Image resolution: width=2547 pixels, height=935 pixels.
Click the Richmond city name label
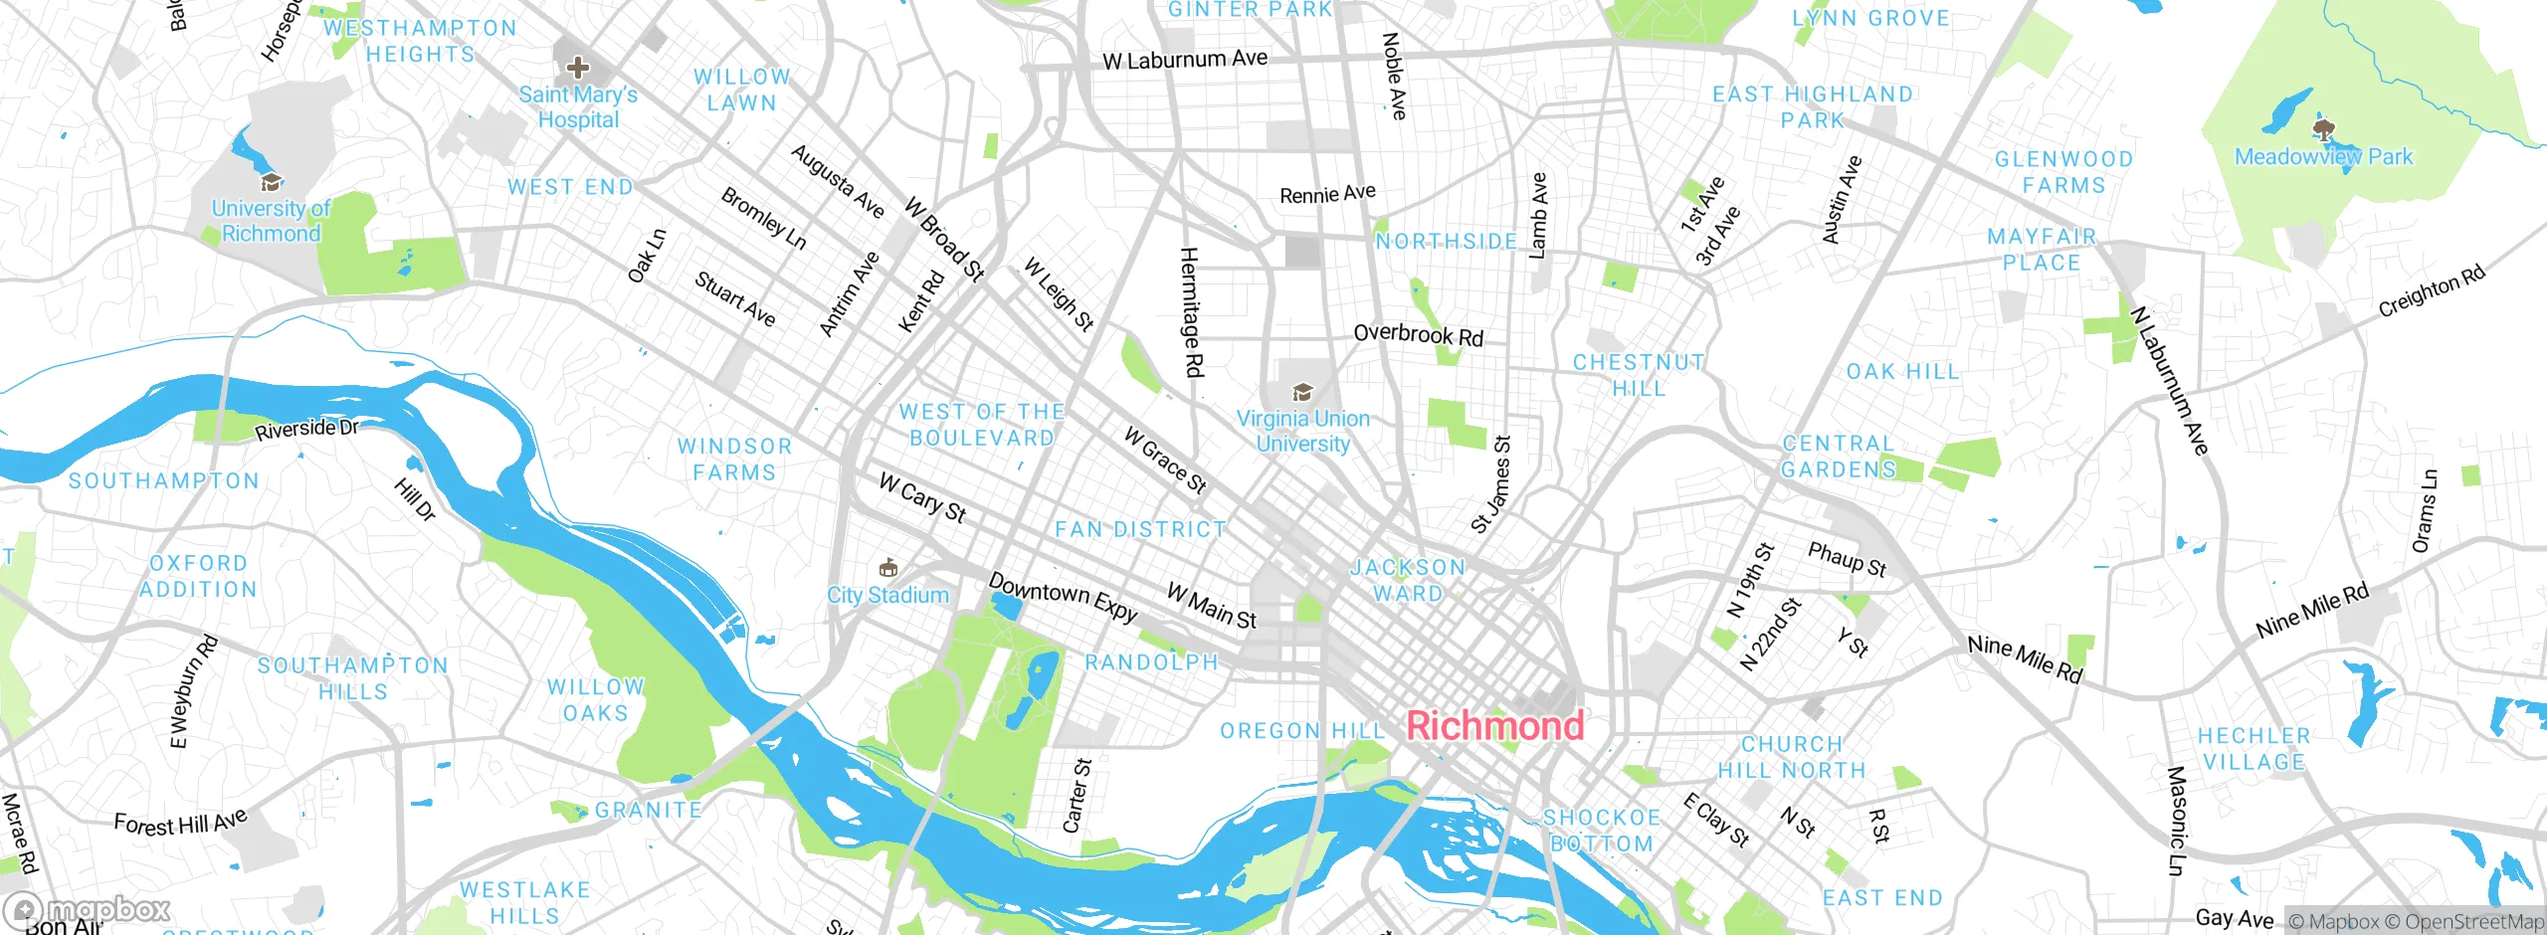click(x=1494, y=725)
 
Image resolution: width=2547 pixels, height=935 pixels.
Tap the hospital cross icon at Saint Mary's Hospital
click(x=577, y=68)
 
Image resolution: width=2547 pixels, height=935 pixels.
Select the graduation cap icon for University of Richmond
click(x=270, y=183)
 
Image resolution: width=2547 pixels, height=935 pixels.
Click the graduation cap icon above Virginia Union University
click(x=1301, y=392)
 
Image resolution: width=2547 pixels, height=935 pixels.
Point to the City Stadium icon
click(x=888, y=568)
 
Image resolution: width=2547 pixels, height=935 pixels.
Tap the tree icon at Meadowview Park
click(x=2324, y=130)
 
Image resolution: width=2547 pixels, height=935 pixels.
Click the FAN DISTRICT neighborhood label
click(x=1140, y=530)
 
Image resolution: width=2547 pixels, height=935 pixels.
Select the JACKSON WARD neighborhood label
click(x=1408, y=580)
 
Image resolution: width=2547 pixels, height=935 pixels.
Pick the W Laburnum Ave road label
click(x=1184, y=60)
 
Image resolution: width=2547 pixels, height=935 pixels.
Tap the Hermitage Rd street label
click(x=1191, y=312)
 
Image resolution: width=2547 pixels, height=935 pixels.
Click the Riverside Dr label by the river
click(x=305, y=430)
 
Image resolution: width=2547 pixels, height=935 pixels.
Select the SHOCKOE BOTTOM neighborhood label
click(x=1602, y=830)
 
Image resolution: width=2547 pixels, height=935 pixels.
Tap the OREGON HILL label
click(x=1301, y=731)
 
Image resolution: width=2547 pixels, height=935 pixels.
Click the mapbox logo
click(x=88, y=909)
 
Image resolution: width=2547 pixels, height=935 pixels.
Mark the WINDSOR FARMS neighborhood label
click(x=734, y=460)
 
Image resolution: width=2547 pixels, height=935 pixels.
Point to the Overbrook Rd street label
click(x=1418, y=334)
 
